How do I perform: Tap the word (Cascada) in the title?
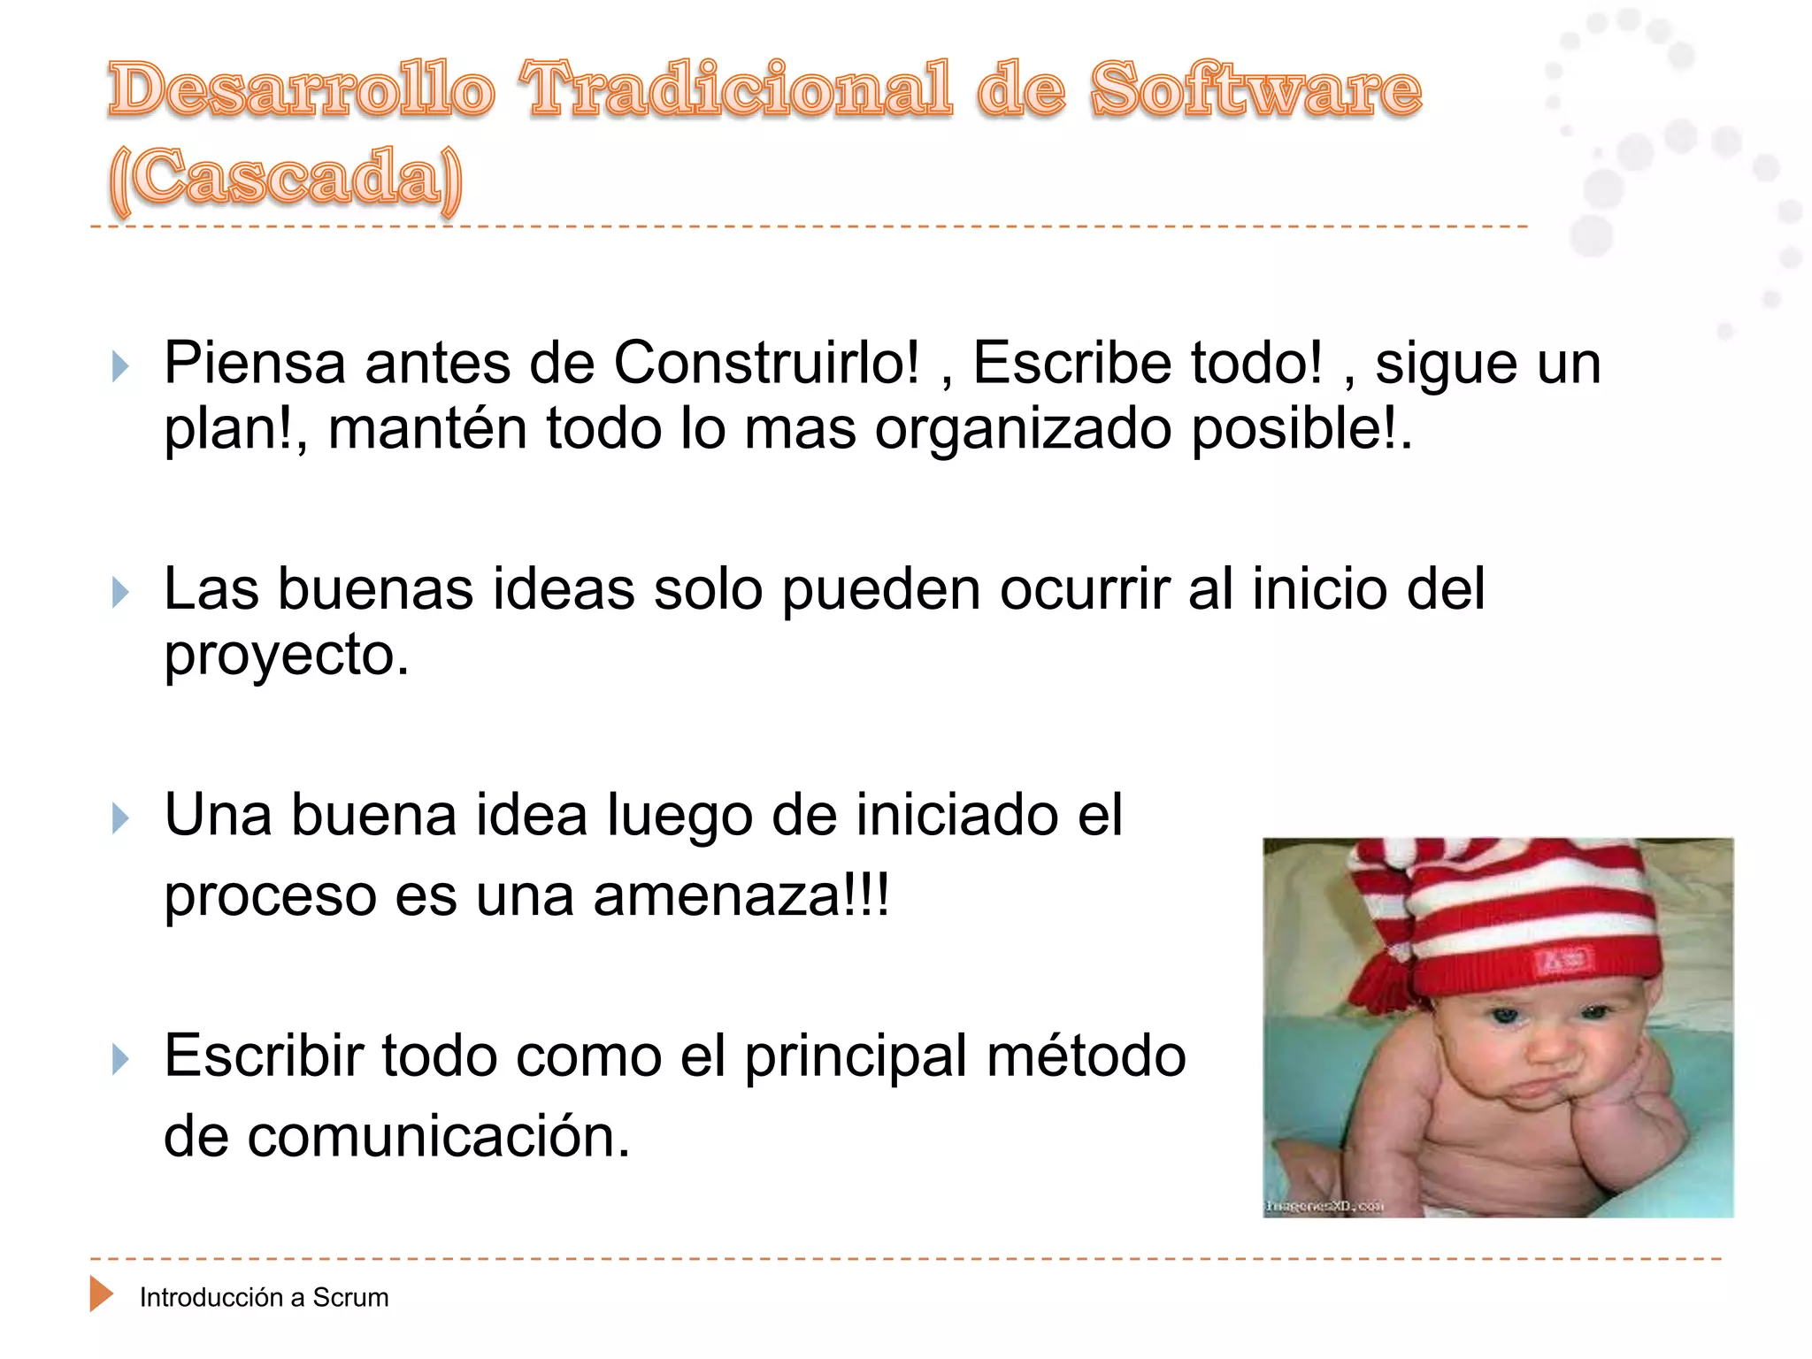(285, 178)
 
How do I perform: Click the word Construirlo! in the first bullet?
(766, 363)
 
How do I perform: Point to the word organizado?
(1023, 429)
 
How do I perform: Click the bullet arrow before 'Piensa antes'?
(121, 365)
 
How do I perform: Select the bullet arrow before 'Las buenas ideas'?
(121, 592)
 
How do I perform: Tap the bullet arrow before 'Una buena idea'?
(121, 818)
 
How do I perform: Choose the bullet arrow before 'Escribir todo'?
(121, 1058)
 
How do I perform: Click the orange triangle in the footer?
(101, 1294)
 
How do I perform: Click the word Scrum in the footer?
(350, 1298)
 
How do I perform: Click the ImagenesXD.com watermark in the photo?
(1324, 1206)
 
